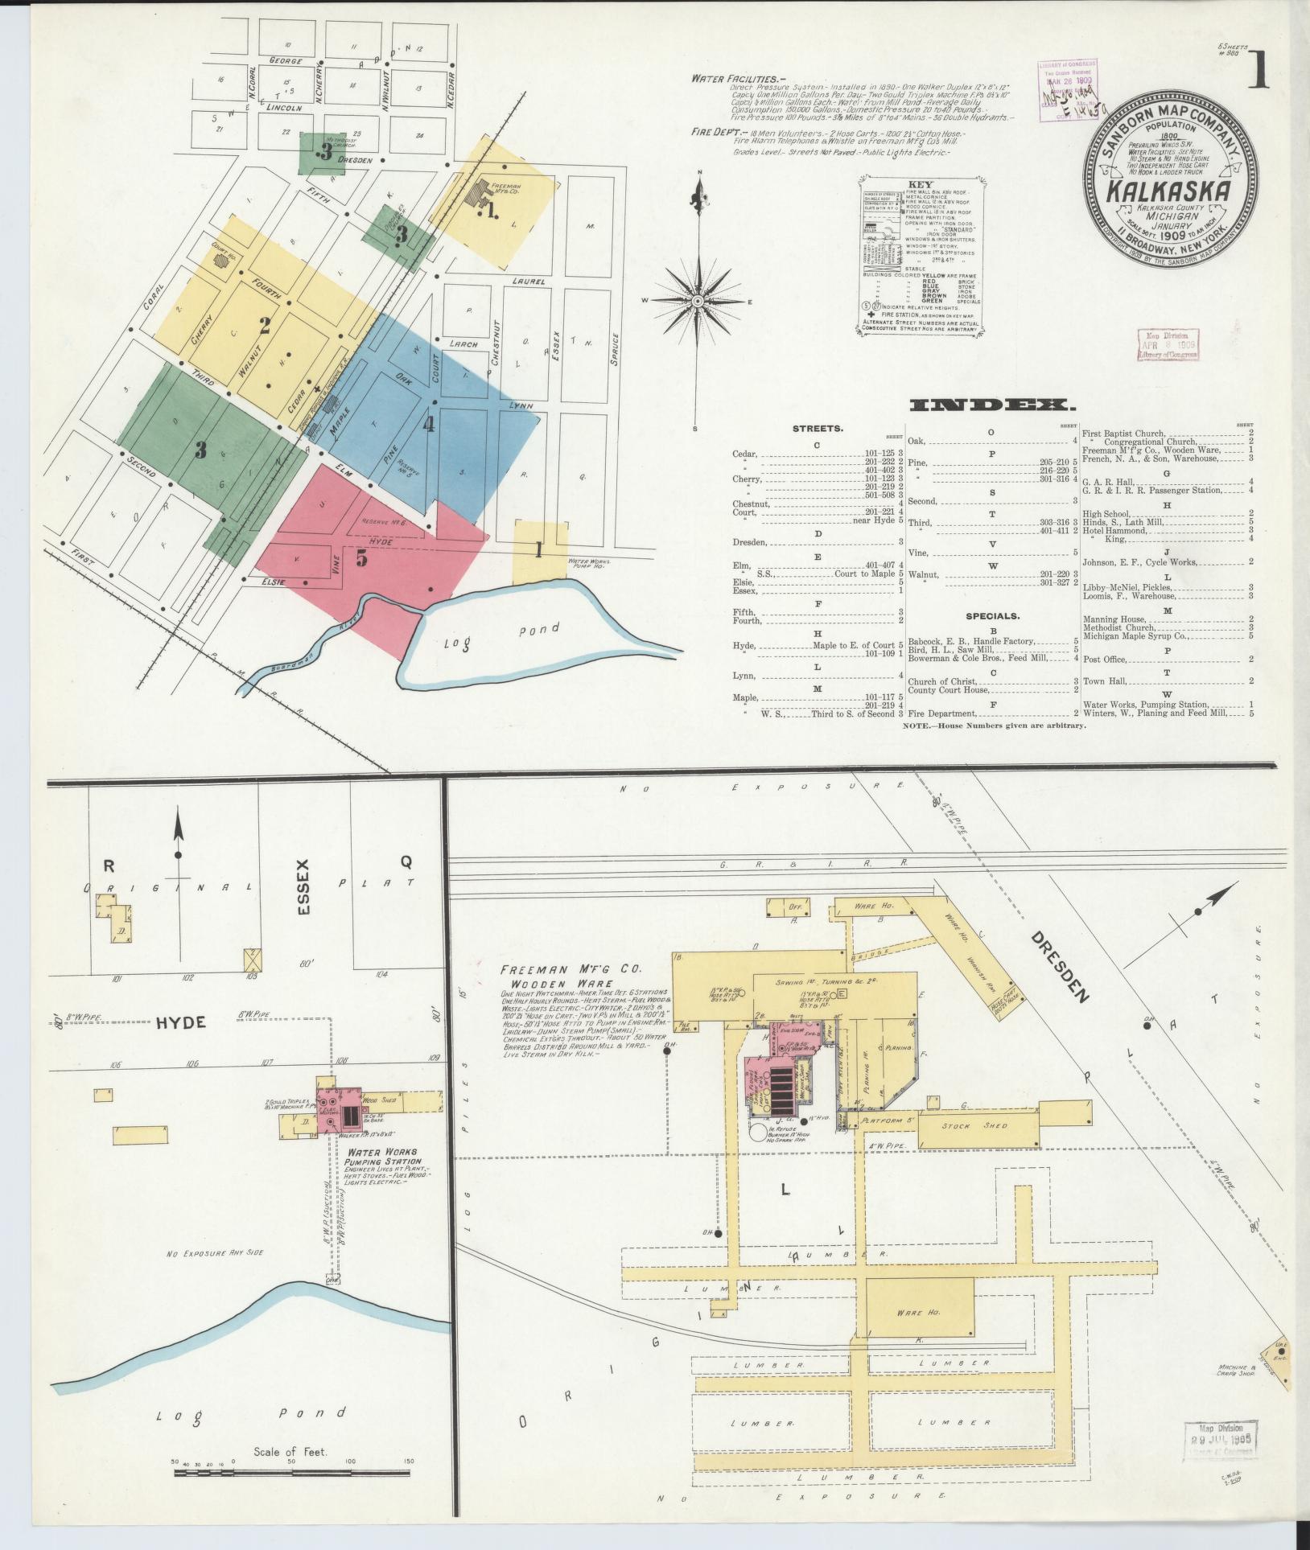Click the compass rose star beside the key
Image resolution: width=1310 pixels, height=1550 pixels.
pyautogui.click(x=698, y=301)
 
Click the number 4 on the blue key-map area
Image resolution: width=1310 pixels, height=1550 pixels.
pyautogui.click(x=430, y=424)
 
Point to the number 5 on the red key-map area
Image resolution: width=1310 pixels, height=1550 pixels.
pyautogui.click(x=362, y=556)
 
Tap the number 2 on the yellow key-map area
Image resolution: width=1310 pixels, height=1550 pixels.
pyautogui.click(x=264, y=325)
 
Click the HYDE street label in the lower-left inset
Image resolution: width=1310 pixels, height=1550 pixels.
pyautogui.click(x=180, y=1022)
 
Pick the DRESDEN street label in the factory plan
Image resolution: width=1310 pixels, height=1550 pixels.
pyautogui.click(x=1060, y=969)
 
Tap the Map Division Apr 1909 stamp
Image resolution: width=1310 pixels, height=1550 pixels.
pyautogui.click(x=1167, y=345)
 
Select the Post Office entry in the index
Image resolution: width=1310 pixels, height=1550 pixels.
pyautogui.click(x=1104, y=660)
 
